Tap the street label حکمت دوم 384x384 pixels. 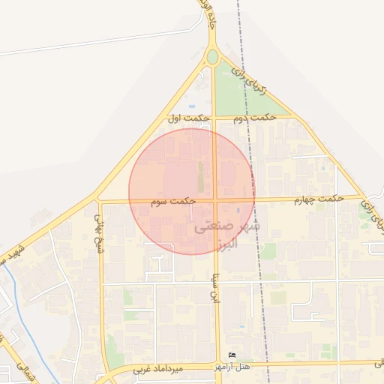coord(251,118)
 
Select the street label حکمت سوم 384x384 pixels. coord(172,202)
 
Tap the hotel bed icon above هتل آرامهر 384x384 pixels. coord(231,355)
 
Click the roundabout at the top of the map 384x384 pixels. coord(212,57)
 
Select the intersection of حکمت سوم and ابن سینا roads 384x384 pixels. coord(216,201)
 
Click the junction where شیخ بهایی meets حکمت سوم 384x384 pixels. coord(98,201)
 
